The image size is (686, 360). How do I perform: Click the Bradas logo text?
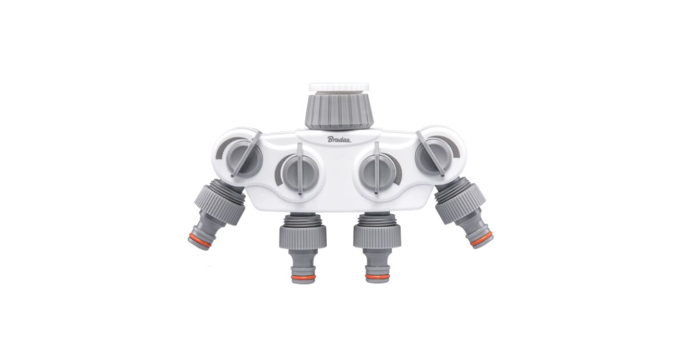tap(339, 139)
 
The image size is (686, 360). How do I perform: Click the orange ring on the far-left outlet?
tap(200, 240)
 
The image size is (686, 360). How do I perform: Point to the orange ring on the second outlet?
tap(303, 278)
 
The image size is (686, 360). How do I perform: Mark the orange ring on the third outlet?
tap(378, 277)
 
